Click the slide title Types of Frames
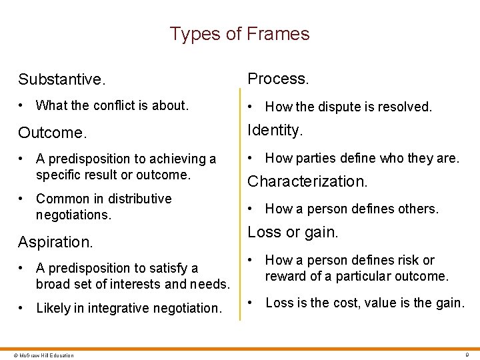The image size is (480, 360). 239,34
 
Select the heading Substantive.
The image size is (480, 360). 61,80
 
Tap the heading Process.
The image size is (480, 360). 278,79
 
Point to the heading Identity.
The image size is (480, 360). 275,130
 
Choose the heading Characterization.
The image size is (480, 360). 307,181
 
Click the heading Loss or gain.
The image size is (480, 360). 293,233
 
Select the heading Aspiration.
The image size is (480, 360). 55,242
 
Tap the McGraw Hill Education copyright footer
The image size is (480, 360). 40,355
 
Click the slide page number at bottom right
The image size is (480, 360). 467,355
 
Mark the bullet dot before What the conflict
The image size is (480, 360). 23,105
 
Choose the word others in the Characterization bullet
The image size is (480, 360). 416,209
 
